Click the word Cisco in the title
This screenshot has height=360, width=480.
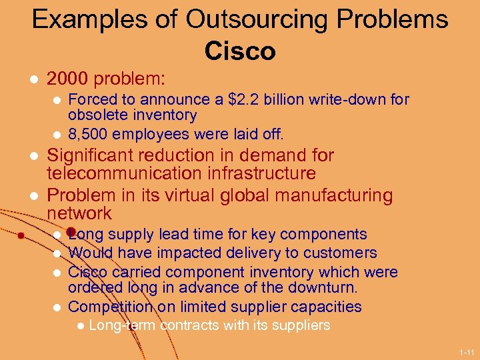[240, 51]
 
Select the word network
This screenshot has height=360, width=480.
[79, 213]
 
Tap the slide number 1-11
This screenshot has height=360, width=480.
[466, 351]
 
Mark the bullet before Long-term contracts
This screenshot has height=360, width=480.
[79, 326]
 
